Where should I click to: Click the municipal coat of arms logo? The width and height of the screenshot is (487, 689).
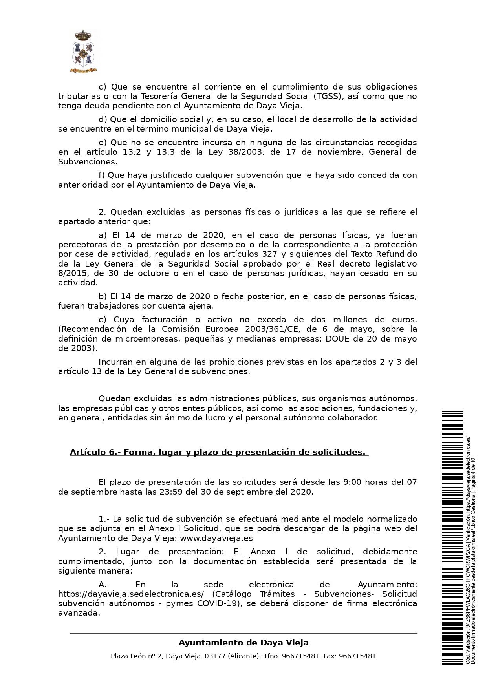coord(83,52)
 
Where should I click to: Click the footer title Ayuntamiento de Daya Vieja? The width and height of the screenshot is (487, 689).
coord(243,643)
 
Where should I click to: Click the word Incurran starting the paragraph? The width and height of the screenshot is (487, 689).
coord(115,362)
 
